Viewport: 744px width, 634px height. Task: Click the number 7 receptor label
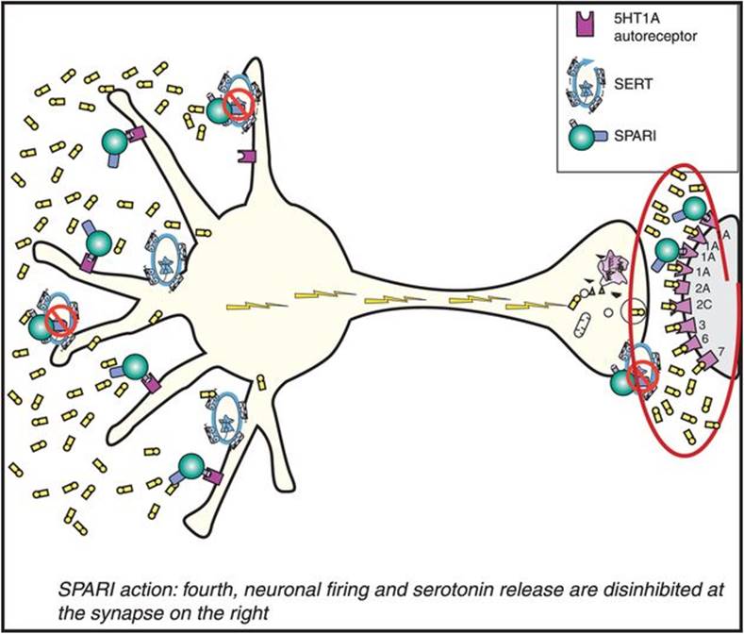coord(721,352)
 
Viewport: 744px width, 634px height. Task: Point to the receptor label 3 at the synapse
coord(703,324)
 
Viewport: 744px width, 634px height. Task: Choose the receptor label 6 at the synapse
coord(703,338)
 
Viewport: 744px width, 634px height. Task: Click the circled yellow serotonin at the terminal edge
coord(641,307)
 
